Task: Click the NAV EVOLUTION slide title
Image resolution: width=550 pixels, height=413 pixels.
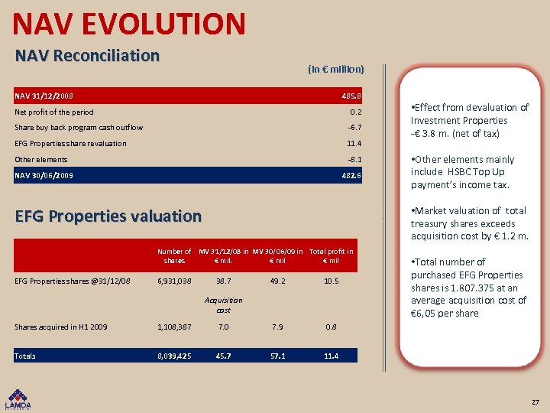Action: coord(129,23)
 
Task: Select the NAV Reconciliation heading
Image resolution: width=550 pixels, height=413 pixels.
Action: coord(88,56)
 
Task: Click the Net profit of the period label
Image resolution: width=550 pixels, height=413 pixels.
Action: coord(54,112)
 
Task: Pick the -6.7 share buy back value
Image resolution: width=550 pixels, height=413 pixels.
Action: coord(354,128)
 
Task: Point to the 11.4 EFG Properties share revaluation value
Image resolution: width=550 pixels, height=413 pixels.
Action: coord(354,144)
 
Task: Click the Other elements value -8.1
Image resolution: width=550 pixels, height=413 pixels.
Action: coord(354,160)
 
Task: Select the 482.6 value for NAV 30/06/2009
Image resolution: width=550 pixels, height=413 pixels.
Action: coord(351,175)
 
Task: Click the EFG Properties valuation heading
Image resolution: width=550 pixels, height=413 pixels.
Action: coord(108,216)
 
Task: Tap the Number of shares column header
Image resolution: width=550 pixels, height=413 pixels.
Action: coord(174,256)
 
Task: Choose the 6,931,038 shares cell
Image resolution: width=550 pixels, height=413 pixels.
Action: coord(174,281)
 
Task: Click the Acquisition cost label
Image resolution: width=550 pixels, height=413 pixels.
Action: coord(224,305)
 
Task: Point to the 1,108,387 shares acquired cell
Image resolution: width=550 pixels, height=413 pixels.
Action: coord(174,327)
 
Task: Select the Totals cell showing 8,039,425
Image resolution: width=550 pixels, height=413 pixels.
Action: coord(174,356)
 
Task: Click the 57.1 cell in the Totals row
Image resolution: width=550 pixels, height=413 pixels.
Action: coord(277,356)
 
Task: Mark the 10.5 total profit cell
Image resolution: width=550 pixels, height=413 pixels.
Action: coord(331,281)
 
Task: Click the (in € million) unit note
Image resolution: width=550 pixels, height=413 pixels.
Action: coord(336,69)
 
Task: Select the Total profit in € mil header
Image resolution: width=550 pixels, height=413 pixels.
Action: coord(331,256)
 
